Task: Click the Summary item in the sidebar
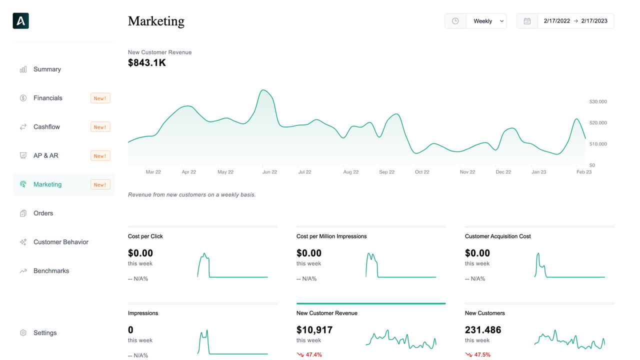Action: click(x=47, y=69)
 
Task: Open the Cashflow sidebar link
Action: click(x=46, y=127)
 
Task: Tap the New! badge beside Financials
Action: click(x=100, y=98)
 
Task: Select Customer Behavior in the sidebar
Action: click(x=60, y=242)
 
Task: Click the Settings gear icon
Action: click(x=23, y=333)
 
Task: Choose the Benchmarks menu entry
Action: click(x=51, y=271)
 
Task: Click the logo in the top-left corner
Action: click(x=21, y=21)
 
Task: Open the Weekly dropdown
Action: click(x=486, y=21)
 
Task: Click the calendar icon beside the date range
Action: click(x=527, y=21)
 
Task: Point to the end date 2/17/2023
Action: click(x=594, y=21)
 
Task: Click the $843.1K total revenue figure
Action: click(x=147, y=63)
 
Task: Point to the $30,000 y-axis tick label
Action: click(x=597, y=101)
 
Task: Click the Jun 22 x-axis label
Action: click(x=269, y=172)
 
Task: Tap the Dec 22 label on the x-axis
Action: click(x=503, y=172)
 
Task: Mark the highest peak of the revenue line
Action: click(x=263, y=90)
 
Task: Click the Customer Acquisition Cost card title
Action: click(x=497, y=236)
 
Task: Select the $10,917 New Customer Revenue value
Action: click(x=314, y=330)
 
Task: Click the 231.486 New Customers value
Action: click(x=483, y=330)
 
